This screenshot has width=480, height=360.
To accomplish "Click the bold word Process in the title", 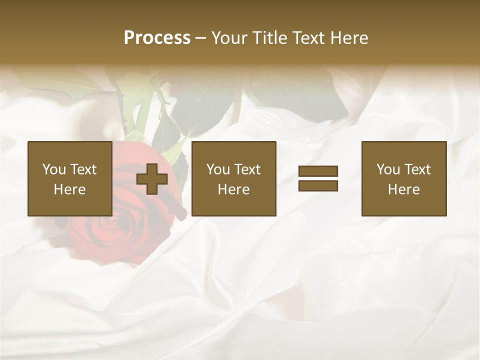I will point(157,38).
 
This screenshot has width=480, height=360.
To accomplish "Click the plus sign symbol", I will point(152,179).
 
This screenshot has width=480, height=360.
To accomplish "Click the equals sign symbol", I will point(318,178).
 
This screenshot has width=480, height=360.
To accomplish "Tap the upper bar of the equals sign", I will point(318,171).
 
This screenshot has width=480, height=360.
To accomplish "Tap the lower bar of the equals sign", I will point(318,185).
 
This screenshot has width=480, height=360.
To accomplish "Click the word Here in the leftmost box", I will point(70,189).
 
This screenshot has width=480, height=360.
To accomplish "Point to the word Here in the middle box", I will point(234,189).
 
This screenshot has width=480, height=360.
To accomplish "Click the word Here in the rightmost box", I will point(404,189).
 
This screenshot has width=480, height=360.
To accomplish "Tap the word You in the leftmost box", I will point(54,169).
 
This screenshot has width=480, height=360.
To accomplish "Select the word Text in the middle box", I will point(247,169).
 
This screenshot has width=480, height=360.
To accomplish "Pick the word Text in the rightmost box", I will point(417,169).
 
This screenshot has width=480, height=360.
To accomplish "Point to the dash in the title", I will point(201,38).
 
